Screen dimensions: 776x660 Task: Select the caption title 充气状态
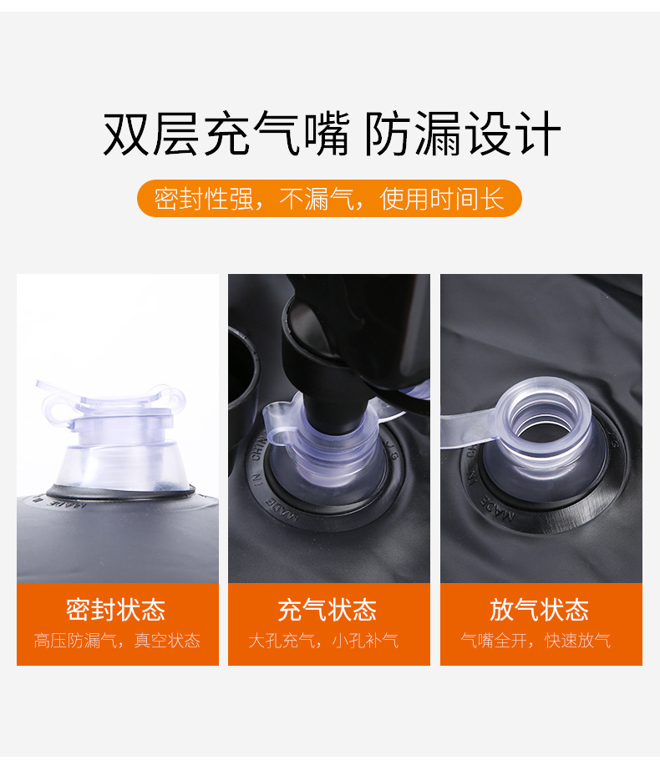[x=328, y=610]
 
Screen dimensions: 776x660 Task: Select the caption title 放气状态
[x=540, y=610]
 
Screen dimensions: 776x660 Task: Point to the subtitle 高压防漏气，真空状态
[x=117, y=642]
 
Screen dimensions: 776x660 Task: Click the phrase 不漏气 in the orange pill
[x=317, y=200]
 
